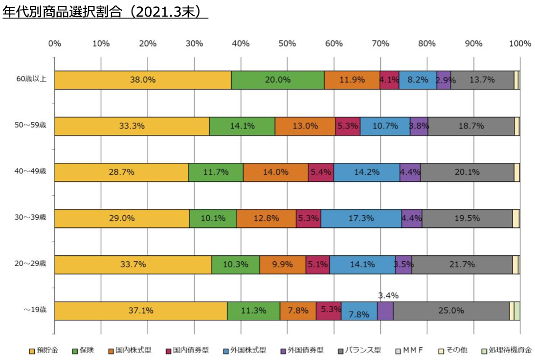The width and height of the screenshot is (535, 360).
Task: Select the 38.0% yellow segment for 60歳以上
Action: tap(143, 80)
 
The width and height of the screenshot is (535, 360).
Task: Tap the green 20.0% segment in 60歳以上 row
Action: tap(278, 80)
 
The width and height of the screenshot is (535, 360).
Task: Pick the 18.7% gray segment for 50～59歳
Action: tap(471, 126)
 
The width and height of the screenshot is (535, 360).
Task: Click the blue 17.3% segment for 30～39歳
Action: tap(361, 219)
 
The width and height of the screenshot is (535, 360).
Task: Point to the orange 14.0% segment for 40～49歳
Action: tap(276, 173)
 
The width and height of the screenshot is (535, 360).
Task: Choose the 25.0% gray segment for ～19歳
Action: tap(451, 311)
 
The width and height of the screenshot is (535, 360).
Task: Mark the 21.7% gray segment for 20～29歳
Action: tap(462, 265)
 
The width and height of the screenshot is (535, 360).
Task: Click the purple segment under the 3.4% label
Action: tap(385, 311)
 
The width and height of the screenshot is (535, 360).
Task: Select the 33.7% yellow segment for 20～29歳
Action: tap(133, 265)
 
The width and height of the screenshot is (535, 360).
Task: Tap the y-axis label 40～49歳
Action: tap(31, 171)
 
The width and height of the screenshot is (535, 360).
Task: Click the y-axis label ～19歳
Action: tap(35, 310)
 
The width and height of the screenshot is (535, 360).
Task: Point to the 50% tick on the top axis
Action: tap(287, 44)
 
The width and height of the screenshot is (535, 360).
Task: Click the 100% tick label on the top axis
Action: tap(519, 44)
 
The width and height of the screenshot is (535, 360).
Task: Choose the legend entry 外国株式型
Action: tap(246, 350)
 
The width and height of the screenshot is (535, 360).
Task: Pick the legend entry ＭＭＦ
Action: tap(409, 350)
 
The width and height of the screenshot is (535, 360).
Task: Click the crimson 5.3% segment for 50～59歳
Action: tap(348, 126)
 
